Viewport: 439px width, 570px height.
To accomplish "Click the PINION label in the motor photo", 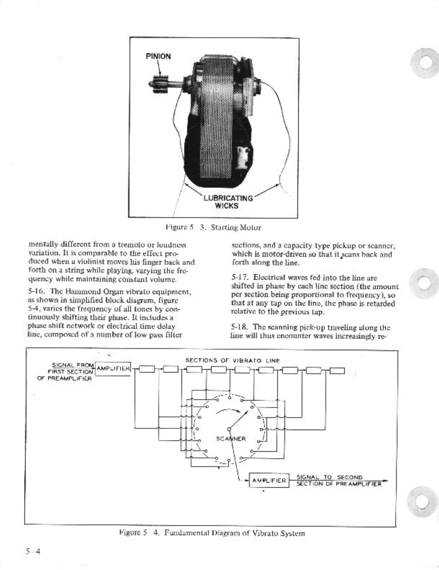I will coord(158,56).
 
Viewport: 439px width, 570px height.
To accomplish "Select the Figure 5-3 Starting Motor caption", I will coord(213,228).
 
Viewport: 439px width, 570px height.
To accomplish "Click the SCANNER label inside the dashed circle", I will coord(231,438).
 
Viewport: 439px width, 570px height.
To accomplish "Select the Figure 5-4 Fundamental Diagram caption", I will coord(212,533).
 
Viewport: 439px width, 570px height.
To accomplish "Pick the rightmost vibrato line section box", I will coord(336,369).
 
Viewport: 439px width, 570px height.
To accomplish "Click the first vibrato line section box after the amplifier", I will coord(146,369).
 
